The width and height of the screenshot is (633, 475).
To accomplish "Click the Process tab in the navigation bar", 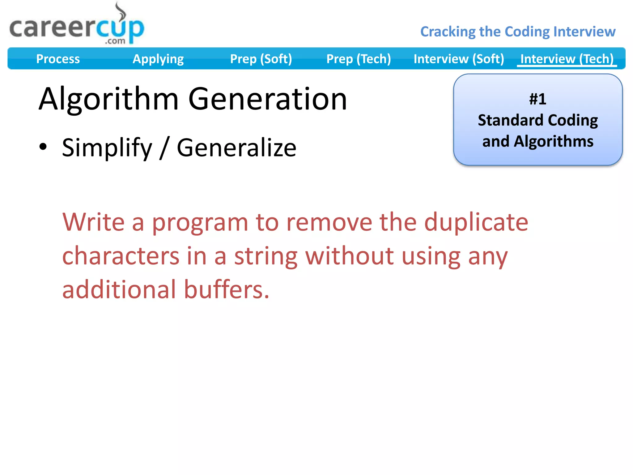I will [x=58, y=59].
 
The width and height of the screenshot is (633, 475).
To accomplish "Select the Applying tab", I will [x=158, y=59].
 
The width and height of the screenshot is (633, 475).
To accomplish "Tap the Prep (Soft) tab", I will [x=261, y=59].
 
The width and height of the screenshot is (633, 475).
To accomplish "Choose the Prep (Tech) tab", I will [x=359, y=59].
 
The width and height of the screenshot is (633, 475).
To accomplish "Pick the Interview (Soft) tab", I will [x=459, y=59].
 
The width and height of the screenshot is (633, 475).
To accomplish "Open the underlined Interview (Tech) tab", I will [x=567, y=59].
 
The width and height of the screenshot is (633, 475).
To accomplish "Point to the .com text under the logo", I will [x=115, y=41].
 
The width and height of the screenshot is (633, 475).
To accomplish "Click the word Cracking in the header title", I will [x=448, y=32].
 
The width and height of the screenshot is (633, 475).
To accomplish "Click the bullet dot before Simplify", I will [x=43, y=147].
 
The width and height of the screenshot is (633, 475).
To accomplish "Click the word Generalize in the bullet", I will [x=236, y=148].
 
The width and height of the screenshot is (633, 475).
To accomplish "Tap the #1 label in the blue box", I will [x=537, y=99].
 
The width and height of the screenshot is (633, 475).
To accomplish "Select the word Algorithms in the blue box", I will [x=553, y=141].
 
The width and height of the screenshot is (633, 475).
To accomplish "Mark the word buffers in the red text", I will [x=227, y=289].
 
